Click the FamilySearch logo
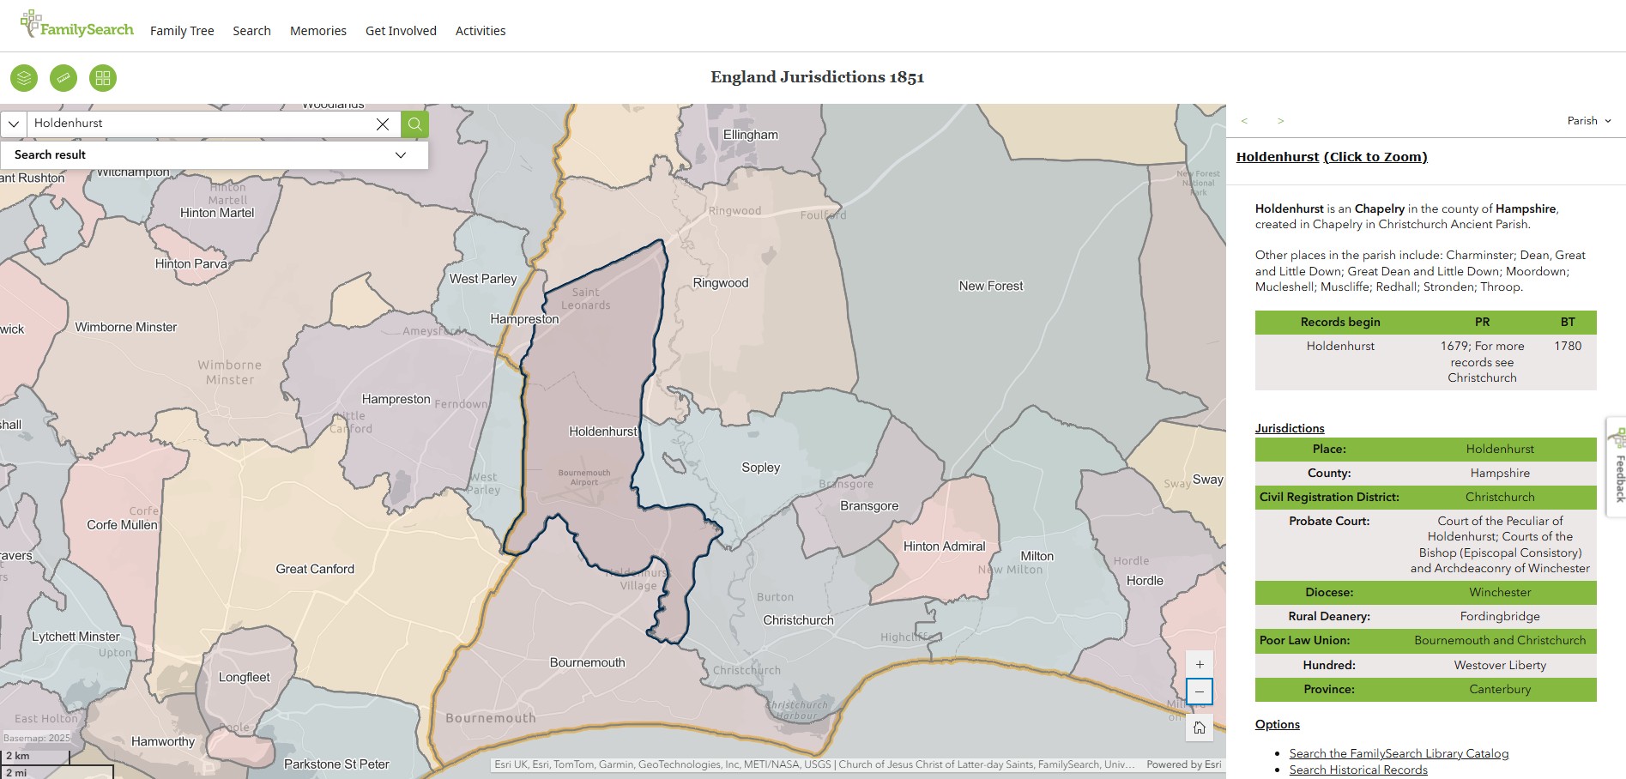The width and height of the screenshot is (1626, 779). (x=77, y=26)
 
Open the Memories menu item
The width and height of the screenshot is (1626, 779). (x=317, y=31)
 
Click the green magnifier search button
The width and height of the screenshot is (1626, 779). (x=414, y=124)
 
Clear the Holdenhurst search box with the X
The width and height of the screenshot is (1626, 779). (x=383, y=124)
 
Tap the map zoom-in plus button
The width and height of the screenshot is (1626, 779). (x=1200, y=664)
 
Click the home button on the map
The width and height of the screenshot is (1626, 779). (x=1200, y=728)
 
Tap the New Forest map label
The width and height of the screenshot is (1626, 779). (x=990, y=286)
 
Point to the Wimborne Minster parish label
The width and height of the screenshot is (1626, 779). (x=126, y=327)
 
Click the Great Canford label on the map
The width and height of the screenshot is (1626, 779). (x=315, y=569)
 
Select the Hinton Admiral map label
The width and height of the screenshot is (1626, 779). (x=944, y=546)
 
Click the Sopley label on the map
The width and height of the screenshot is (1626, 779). (x=760, y=468)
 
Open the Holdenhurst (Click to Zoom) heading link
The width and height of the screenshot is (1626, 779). (x=1332, y=157)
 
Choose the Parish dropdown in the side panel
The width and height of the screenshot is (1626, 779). (x=1588, y=121)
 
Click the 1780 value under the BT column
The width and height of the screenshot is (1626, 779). (x=1568, y=346)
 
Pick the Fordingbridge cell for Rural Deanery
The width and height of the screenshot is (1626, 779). (x=1499, y=616)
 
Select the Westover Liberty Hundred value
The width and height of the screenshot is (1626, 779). (x=1499, y=665)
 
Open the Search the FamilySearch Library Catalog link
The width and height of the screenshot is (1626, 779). (x=1399, y=753)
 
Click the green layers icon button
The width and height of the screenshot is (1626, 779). (x=24, y=78)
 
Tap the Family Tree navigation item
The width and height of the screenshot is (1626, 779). (x=182, y=31)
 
